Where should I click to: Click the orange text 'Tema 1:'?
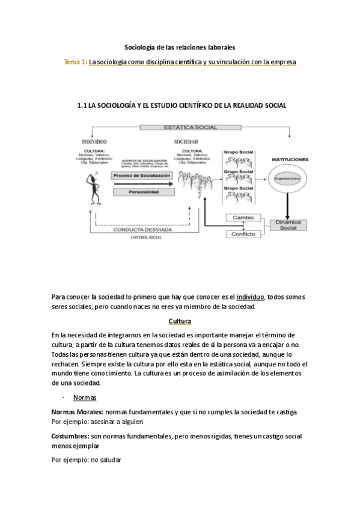[x=75, y=62]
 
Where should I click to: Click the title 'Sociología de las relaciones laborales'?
[x=180, y=46]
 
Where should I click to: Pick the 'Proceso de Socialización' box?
[x=142, y=175]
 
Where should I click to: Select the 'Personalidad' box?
[x=142, y=192]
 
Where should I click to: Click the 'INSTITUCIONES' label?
[x=290, y=160]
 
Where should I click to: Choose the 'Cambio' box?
[x=243, y=218]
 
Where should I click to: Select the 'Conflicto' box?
[x=243, y=234]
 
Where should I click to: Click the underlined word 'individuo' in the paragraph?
[x=251, y=296]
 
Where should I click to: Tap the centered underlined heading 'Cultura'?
[x=180, y=321]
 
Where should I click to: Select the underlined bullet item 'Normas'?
[x=85, y=398]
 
